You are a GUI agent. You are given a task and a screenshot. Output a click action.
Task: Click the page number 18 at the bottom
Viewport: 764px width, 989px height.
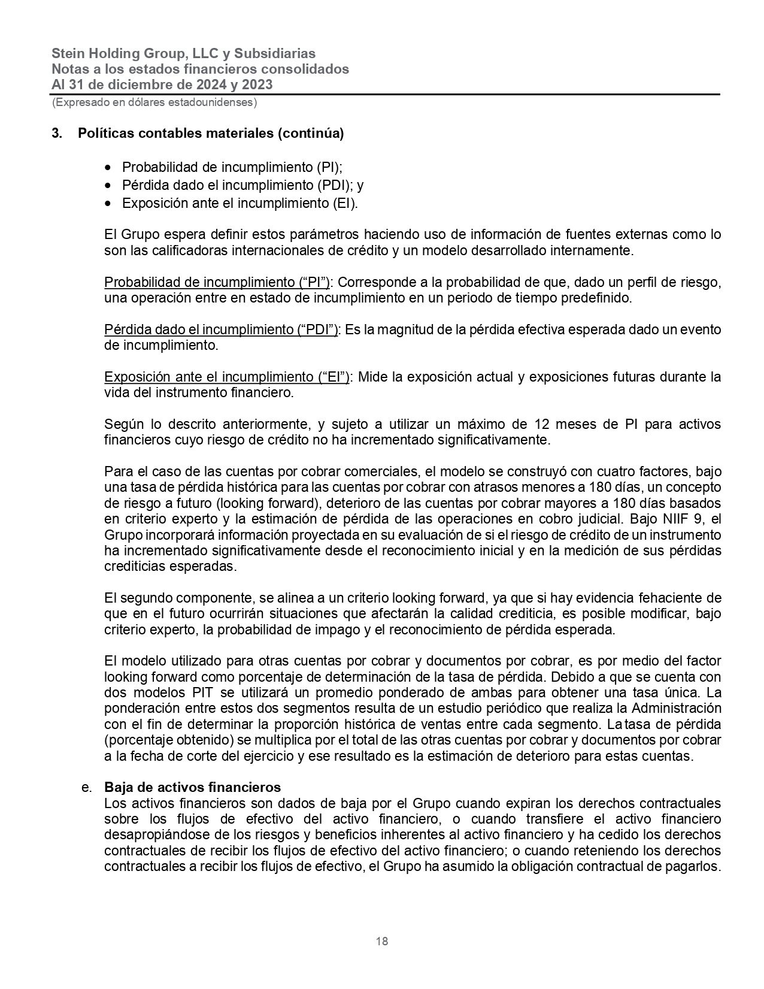381,941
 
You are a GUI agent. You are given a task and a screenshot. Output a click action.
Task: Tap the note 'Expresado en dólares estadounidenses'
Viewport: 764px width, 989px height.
154,102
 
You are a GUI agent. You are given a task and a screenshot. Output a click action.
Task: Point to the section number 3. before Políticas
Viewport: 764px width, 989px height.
57,134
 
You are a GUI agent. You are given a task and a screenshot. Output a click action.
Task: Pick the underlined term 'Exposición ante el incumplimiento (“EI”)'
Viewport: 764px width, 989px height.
227,377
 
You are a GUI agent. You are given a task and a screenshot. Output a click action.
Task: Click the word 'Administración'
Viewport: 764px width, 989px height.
676,708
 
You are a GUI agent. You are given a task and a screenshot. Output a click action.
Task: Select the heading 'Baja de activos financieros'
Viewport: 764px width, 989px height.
192,787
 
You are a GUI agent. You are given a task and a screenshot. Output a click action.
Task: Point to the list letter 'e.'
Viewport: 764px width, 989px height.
86,787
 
